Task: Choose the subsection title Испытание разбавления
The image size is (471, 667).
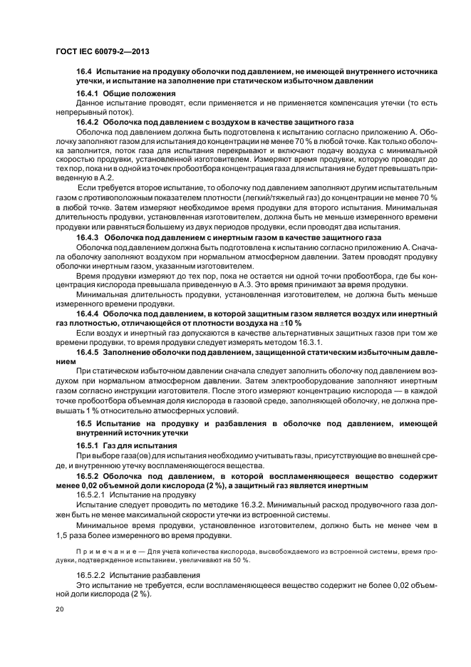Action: point(148,574)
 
